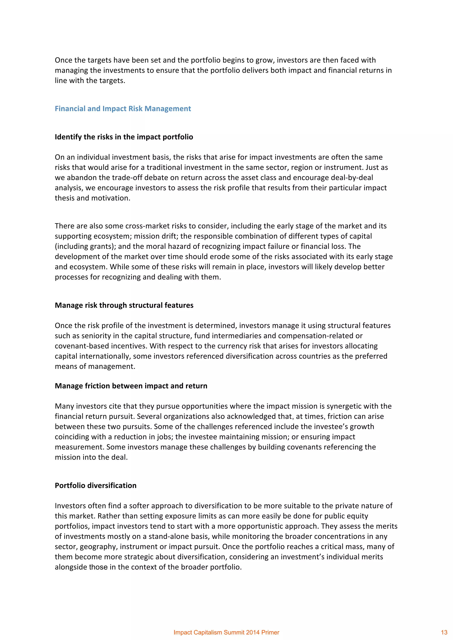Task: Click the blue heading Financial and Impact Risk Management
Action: (123, 109)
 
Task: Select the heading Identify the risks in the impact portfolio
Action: (124, 137)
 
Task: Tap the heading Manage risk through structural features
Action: (124, 305)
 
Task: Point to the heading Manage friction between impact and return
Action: (131, 386)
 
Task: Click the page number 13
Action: (444, 632)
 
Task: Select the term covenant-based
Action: (82, 346)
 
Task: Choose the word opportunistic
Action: (257, 526)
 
